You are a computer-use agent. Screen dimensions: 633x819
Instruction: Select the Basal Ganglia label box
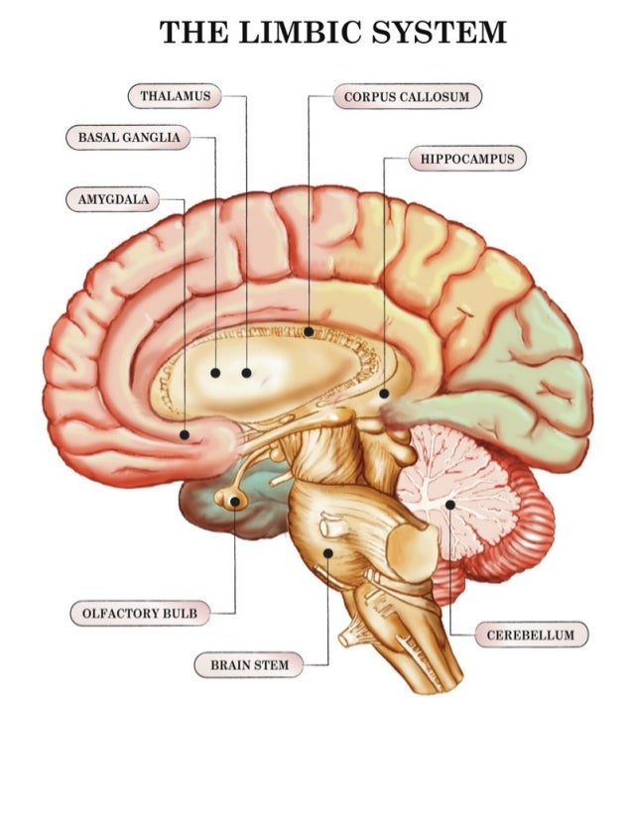128,137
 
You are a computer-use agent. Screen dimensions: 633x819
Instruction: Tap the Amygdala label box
113,199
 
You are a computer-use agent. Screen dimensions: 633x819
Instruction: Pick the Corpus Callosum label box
407,96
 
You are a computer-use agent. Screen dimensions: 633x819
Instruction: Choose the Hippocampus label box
466,158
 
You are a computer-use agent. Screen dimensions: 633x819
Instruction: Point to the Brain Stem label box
249,664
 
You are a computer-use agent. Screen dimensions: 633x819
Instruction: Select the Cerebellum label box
531,635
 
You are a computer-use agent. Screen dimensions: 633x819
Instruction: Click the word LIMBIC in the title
289,33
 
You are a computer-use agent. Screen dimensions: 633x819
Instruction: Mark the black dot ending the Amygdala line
185,434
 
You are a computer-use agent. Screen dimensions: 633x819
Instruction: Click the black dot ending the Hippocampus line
384,394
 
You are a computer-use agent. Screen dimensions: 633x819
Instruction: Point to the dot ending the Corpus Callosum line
309,331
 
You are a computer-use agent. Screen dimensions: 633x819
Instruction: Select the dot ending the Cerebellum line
449,505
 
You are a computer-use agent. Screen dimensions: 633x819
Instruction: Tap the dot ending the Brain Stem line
327,552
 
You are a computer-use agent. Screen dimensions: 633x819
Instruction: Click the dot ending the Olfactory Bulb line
234,503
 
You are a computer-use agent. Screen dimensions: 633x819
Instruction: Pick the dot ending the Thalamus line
246,373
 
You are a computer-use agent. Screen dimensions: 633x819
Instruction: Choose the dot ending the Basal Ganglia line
215,373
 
